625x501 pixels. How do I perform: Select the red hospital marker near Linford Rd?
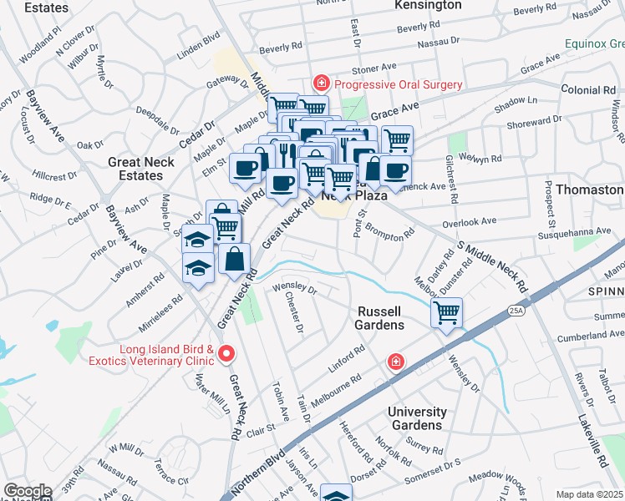point(395,362)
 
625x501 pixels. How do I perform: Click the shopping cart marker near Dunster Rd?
point(447,314)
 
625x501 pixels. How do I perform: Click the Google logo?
point(27,491)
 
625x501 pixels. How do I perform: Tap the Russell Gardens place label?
point(380,317)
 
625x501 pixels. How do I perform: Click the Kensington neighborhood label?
point(427,6)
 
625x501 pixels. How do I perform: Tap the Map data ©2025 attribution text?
point(589,494)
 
